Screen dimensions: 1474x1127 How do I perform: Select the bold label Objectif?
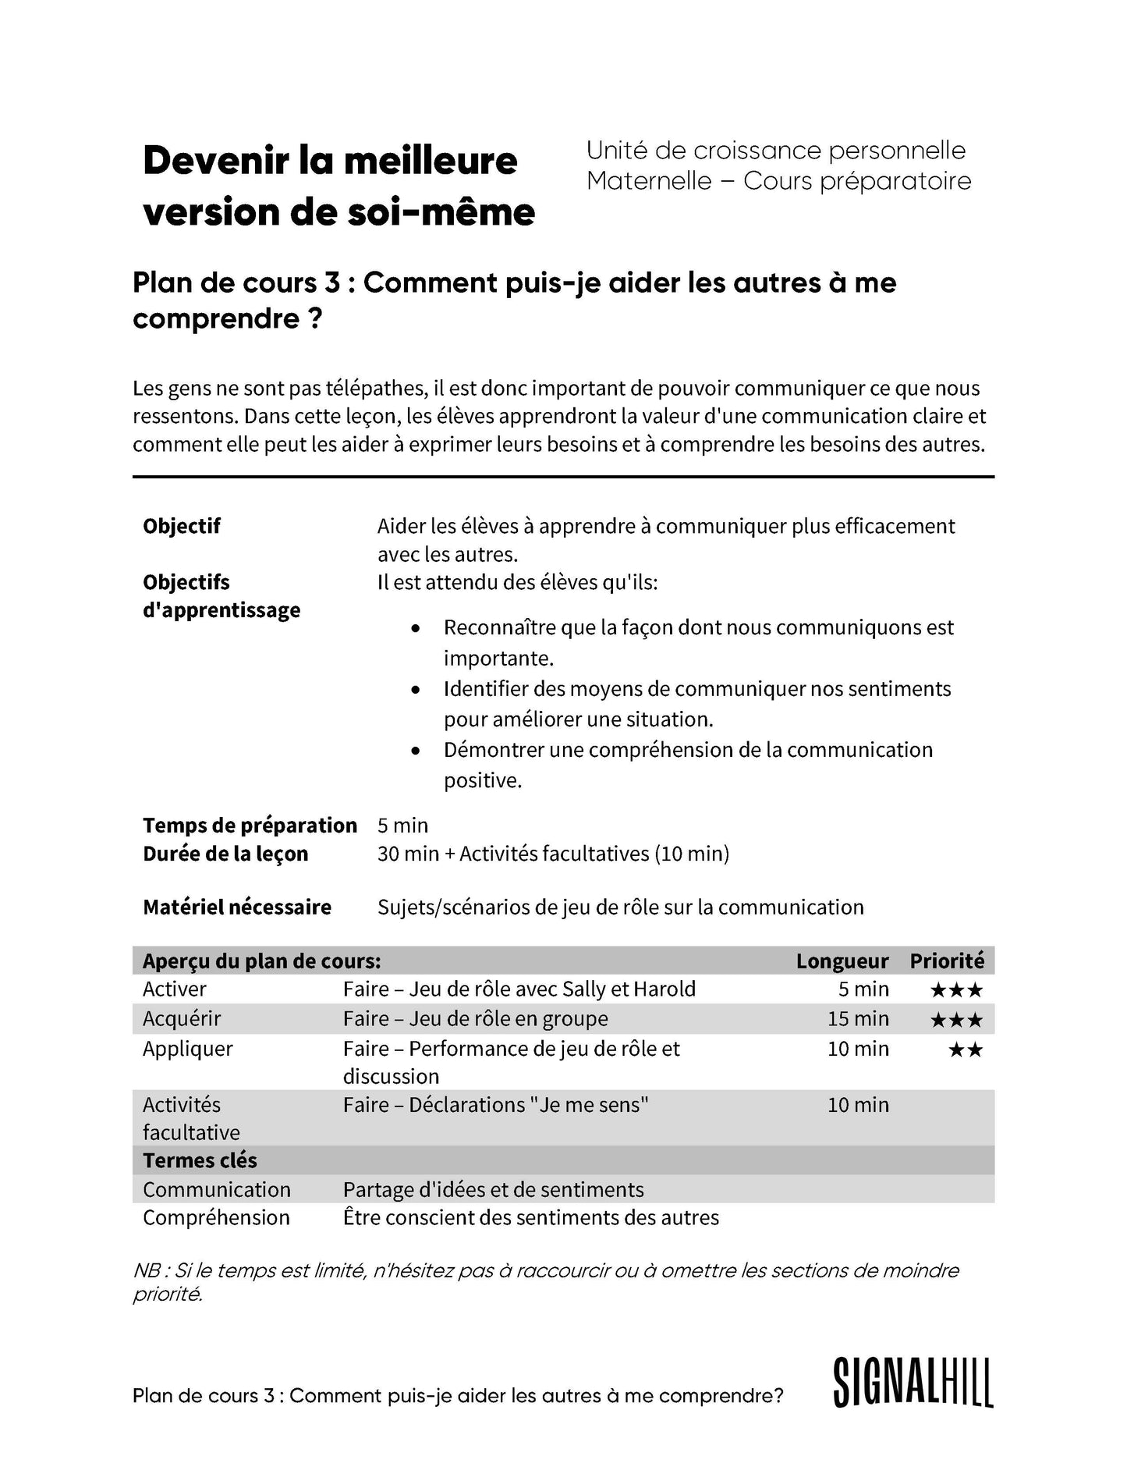[x=181, y=526]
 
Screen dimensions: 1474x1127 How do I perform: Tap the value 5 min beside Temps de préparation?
[x=402, y=826]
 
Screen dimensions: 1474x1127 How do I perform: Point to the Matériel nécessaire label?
[x=236, y=907]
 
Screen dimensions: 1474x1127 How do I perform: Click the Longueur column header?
[x=842, y=961]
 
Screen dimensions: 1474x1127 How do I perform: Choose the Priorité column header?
[x=946, y=961]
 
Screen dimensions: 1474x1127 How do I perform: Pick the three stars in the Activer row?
[x=956, y=991]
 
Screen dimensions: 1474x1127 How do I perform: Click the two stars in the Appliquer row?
[x=966, y=1050]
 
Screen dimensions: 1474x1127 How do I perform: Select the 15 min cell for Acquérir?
[x=858, y=1019]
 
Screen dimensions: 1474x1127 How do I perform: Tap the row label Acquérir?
[x=182, y=1019]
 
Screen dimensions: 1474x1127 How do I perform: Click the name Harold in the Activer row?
[x=664, y=989]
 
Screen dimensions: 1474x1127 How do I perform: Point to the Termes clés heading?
[x=200, y=1161]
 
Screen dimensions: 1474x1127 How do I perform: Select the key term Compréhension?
[x=216, y=1218]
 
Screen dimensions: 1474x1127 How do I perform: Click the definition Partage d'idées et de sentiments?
[x=493, y=1190]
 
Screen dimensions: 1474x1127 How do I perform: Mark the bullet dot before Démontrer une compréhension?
[x=416, y=751]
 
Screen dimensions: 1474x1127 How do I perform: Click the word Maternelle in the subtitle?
[x=649, y=181]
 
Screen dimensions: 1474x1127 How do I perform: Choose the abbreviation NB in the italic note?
[x=147, y=1271]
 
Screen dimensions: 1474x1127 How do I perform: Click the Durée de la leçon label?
[x=225, y=854]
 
